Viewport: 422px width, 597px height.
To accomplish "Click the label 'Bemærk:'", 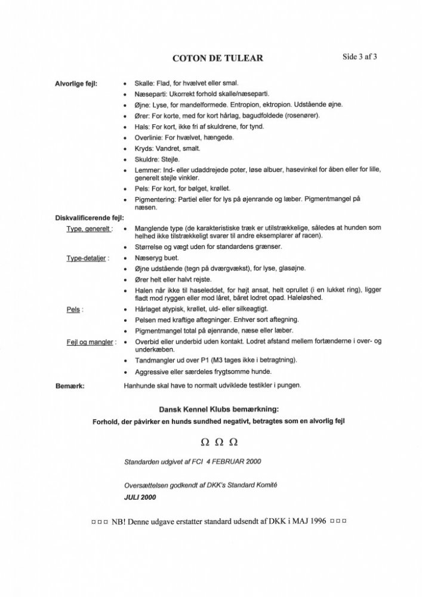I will point(69,385).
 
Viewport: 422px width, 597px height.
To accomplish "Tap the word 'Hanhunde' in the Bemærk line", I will point(141,385).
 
